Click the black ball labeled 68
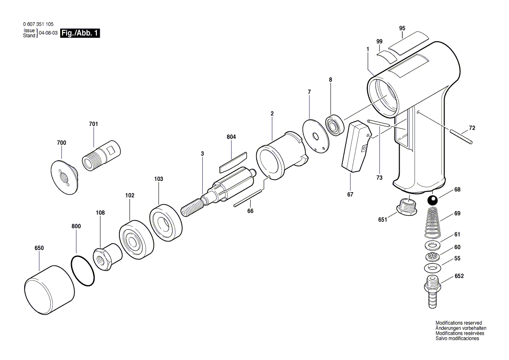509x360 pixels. pyautogui.click(x=432, y=200)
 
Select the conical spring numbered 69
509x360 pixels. pyautogui.click(x=432, y=223)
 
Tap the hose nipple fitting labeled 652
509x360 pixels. pyautogui.click(x=432, y=291)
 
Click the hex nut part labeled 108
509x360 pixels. pyautogui.click(x=108, y=256)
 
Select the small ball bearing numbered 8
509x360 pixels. pyautogui.click(x=334, y=125)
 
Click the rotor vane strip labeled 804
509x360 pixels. pyautogui.click(x=232, y=162)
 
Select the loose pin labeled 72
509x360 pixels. pyautogui.click(x=461, y=136)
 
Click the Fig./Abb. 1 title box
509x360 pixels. pyautogui.click(x=80, y=33)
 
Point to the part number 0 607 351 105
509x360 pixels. pyautogui.click(x=38, y=24)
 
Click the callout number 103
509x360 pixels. pyautogui.click(x=159, y=179)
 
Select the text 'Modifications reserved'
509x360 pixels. pyautogui.click(x=459, y=323)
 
